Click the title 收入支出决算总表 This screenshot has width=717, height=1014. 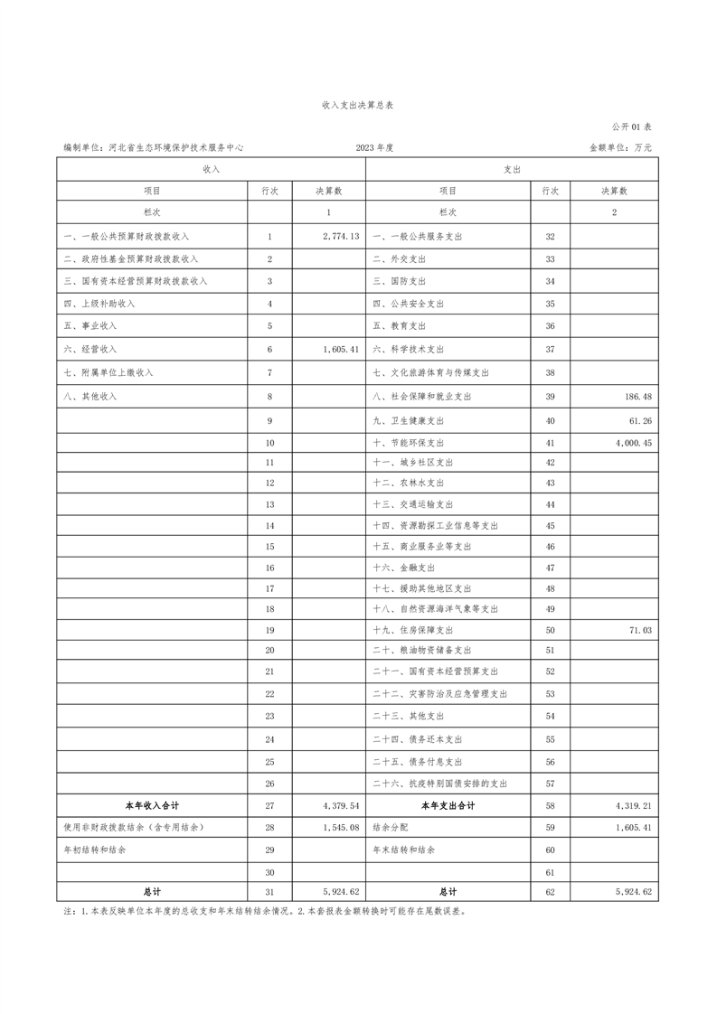(x=358, y=106)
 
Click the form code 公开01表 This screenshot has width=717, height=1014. (x=631, y=127)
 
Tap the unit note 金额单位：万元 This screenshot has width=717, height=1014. (x=620, y=147)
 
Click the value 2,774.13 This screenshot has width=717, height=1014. (x=341, y=236)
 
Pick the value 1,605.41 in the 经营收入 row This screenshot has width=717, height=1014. (x=341, y=349)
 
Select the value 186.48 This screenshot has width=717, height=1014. (x=637, y=397)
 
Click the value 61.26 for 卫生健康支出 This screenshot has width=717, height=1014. (x=641, y=420)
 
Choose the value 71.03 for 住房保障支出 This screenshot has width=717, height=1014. (x=641, y=630)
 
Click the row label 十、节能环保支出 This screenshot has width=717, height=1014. (x=408, y=444)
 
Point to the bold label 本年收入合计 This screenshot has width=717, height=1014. (x=152, y=805)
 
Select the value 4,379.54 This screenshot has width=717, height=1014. (x=341, y=805)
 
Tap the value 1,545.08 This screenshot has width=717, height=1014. (x=341, y=827)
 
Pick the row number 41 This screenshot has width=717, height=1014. (x=550, y=444)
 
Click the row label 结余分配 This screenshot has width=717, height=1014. (x=391, y=827)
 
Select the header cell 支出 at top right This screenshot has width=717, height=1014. (x=512, y=169)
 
